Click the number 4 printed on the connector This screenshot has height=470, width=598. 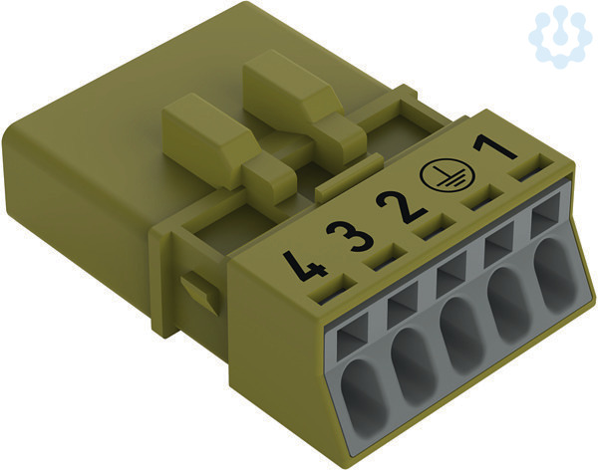[x=305, y=265]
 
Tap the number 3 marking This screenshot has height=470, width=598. [x=349, y=236]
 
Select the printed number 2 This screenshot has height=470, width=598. [x=401, y=208]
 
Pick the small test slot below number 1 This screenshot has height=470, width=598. [x=532, y=167]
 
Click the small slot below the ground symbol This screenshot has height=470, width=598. [x=485, y=196]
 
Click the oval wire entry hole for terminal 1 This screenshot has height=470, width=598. [x=554, y=273]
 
